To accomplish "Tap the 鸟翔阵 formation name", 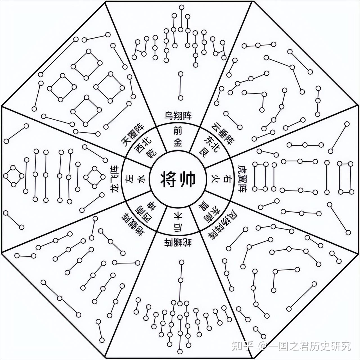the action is click(178, 116).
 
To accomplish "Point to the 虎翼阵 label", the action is click(242, 179).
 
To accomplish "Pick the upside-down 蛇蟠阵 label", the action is click(178, 242).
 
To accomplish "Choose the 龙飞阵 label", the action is click(115, 179).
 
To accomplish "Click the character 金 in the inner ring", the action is click(178, 143).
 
